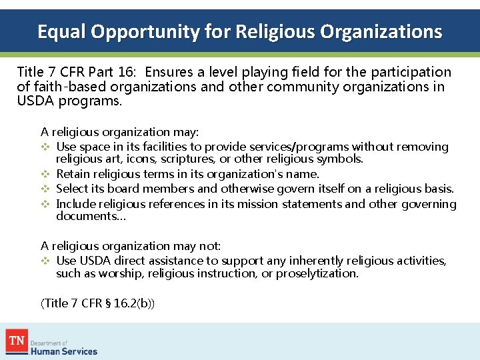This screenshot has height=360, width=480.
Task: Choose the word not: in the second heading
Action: (x=206, y=246)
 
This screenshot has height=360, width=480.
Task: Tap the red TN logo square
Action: (x=17, y=341)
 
